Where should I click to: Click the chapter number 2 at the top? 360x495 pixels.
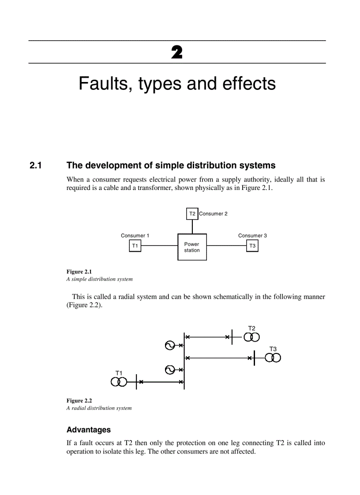pos(176,53)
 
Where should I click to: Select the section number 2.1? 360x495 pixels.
pos(35,166)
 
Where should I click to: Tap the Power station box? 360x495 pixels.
pos(192,247)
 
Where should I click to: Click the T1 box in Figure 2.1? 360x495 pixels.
pos(135,246)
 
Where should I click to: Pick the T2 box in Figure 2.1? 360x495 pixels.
pos(192,214)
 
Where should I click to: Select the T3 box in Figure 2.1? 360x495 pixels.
pos(252,246)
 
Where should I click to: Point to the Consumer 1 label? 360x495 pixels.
pos(135,236)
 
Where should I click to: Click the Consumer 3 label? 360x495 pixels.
pos(252,236)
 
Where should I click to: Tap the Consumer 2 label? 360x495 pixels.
pos(214,214)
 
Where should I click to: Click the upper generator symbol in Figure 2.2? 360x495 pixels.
pos(169,346)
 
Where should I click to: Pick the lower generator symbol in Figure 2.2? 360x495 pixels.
pos(169,370)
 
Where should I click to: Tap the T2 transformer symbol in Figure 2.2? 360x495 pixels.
pos(252,337)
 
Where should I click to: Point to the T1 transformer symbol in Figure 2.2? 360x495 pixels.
pos(119,381)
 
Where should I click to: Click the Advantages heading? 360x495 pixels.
pos(89,430)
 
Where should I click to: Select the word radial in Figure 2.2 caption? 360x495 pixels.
pos(78,408)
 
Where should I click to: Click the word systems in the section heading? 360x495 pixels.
pos(258,166)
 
